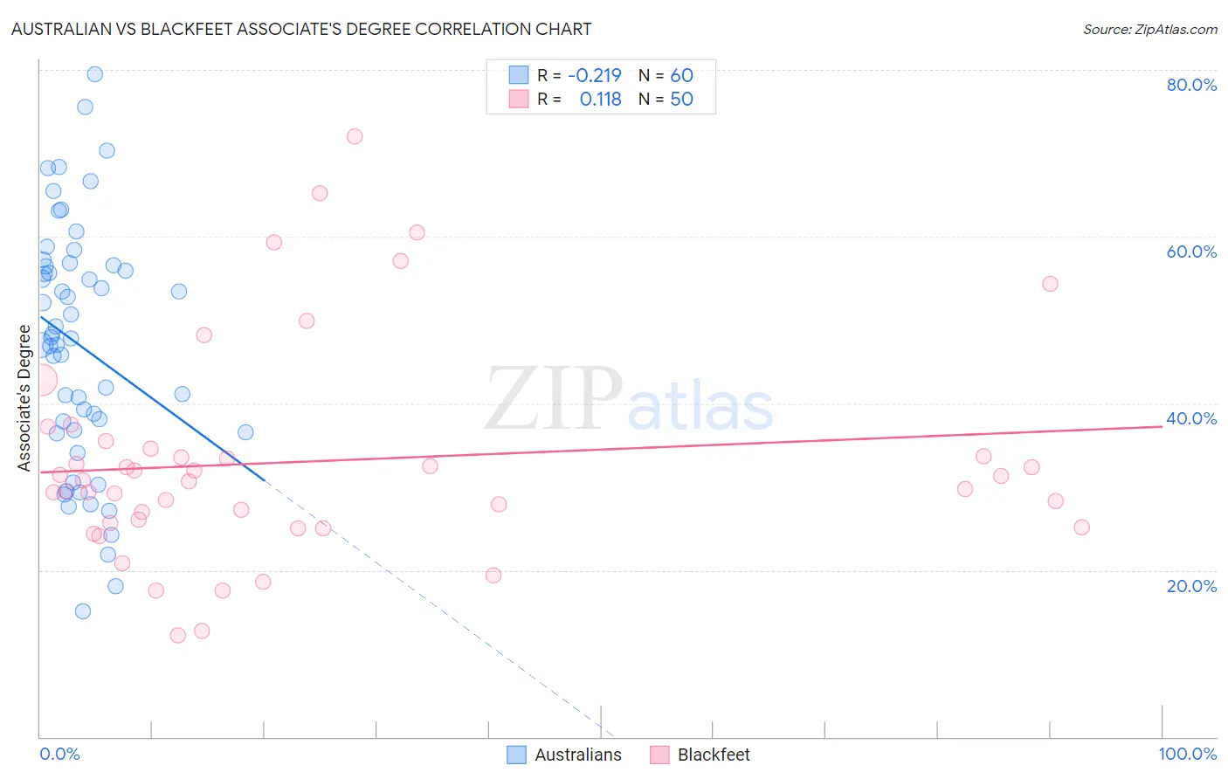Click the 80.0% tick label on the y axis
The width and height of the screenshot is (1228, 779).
point(1191,85)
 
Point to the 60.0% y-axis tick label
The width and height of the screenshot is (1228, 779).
point(1191,252)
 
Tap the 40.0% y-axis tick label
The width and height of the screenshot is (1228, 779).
point(1191,418)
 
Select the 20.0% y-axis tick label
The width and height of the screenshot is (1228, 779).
point(1191,586)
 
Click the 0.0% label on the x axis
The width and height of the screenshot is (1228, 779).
point(59,754)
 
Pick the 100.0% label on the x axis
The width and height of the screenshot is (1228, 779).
point(1187,754)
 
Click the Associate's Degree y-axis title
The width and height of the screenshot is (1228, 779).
point(24,397)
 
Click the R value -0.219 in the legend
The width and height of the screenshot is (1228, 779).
point(594,76)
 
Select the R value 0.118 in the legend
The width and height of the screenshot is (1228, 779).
point(600,100)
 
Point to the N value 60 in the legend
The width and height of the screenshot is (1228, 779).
point(681,76)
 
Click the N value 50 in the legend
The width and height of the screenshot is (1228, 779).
point(681,100)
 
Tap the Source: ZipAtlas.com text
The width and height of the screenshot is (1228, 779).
point(1149,30)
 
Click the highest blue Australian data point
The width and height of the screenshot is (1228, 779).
point(95,74)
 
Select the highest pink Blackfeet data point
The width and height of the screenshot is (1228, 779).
point(355,136)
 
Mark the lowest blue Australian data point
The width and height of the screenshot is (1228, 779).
point(83,611)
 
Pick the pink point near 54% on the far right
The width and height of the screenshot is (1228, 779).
point(1050,284)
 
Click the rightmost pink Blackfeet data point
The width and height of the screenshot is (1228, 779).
point(1081,527)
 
